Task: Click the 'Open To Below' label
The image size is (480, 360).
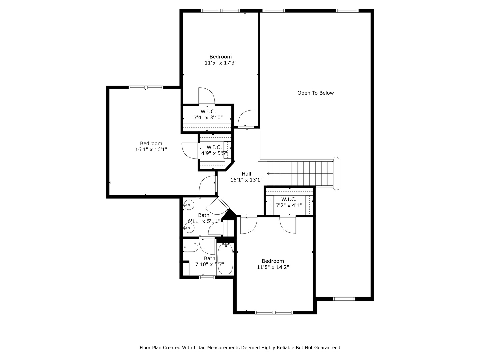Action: (315, 93)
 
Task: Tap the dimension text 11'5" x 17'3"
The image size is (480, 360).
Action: (220, 63)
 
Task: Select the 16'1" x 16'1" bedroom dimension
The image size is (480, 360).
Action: (151, 150)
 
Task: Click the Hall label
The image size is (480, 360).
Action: (246, 174)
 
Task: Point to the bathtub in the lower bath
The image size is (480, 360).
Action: (226, 259)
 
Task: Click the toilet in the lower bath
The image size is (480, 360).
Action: (191, 248)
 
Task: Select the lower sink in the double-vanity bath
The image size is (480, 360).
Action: (189, 228)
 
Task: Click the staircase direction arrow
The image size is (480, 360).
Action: (268, 173)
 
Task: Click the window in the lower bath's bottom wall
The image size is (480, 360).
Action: (207, 277)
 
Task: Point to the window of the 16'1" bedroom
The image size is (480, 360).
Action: (146, 87)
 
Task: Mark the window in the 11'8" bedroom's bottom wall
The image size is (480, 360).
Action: (274, 312)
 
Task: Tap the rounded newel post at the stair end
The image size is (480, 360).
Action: (336, 173)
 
